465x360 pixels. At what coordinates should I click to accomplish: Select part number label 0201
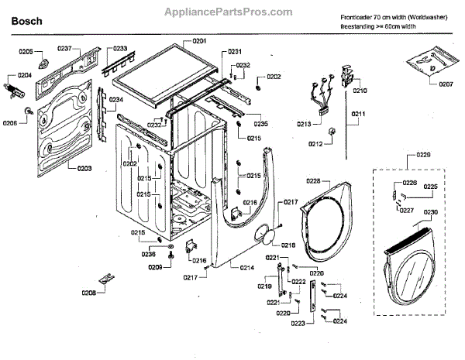[x=200, y=40]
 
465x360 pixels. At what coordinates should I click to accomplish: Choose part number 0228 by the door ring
[x=313, y=181]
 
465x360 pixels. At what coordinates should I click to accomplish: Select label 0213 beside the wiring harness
[x=304, y=124]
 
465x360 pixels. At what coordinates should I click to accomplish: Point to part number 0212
[x=315, y=144]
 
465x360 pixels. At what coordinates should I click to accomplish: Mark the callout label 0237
[x=64, y=49]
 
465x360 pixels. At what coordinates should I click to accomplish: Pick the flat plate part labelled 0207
[x=430, y=58]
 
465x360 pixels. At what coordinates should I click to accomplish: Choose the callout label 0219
[x=265, y=287]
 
